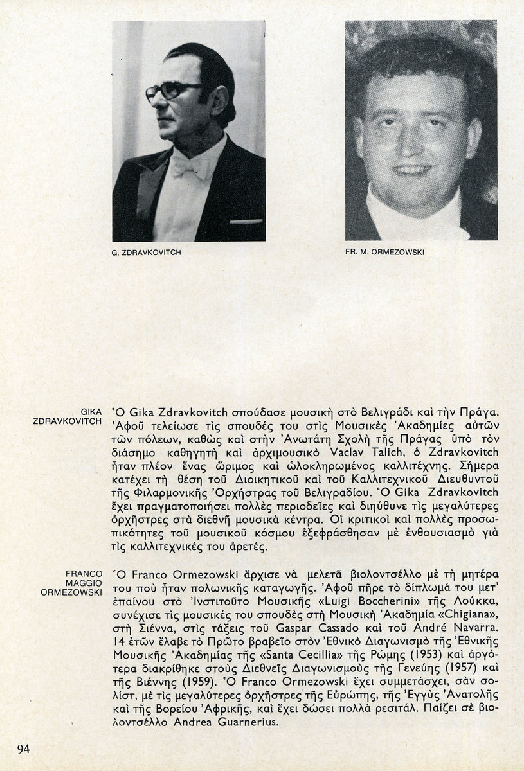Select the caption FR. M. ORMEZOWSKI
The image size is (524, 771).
pos(384,253)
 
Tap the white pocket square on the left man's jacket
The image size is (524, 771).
pos(246,221)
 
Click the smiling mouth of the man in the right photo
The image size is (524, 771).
pos(411,170)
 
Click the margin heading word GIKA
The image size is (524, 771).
pos(91,411)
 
